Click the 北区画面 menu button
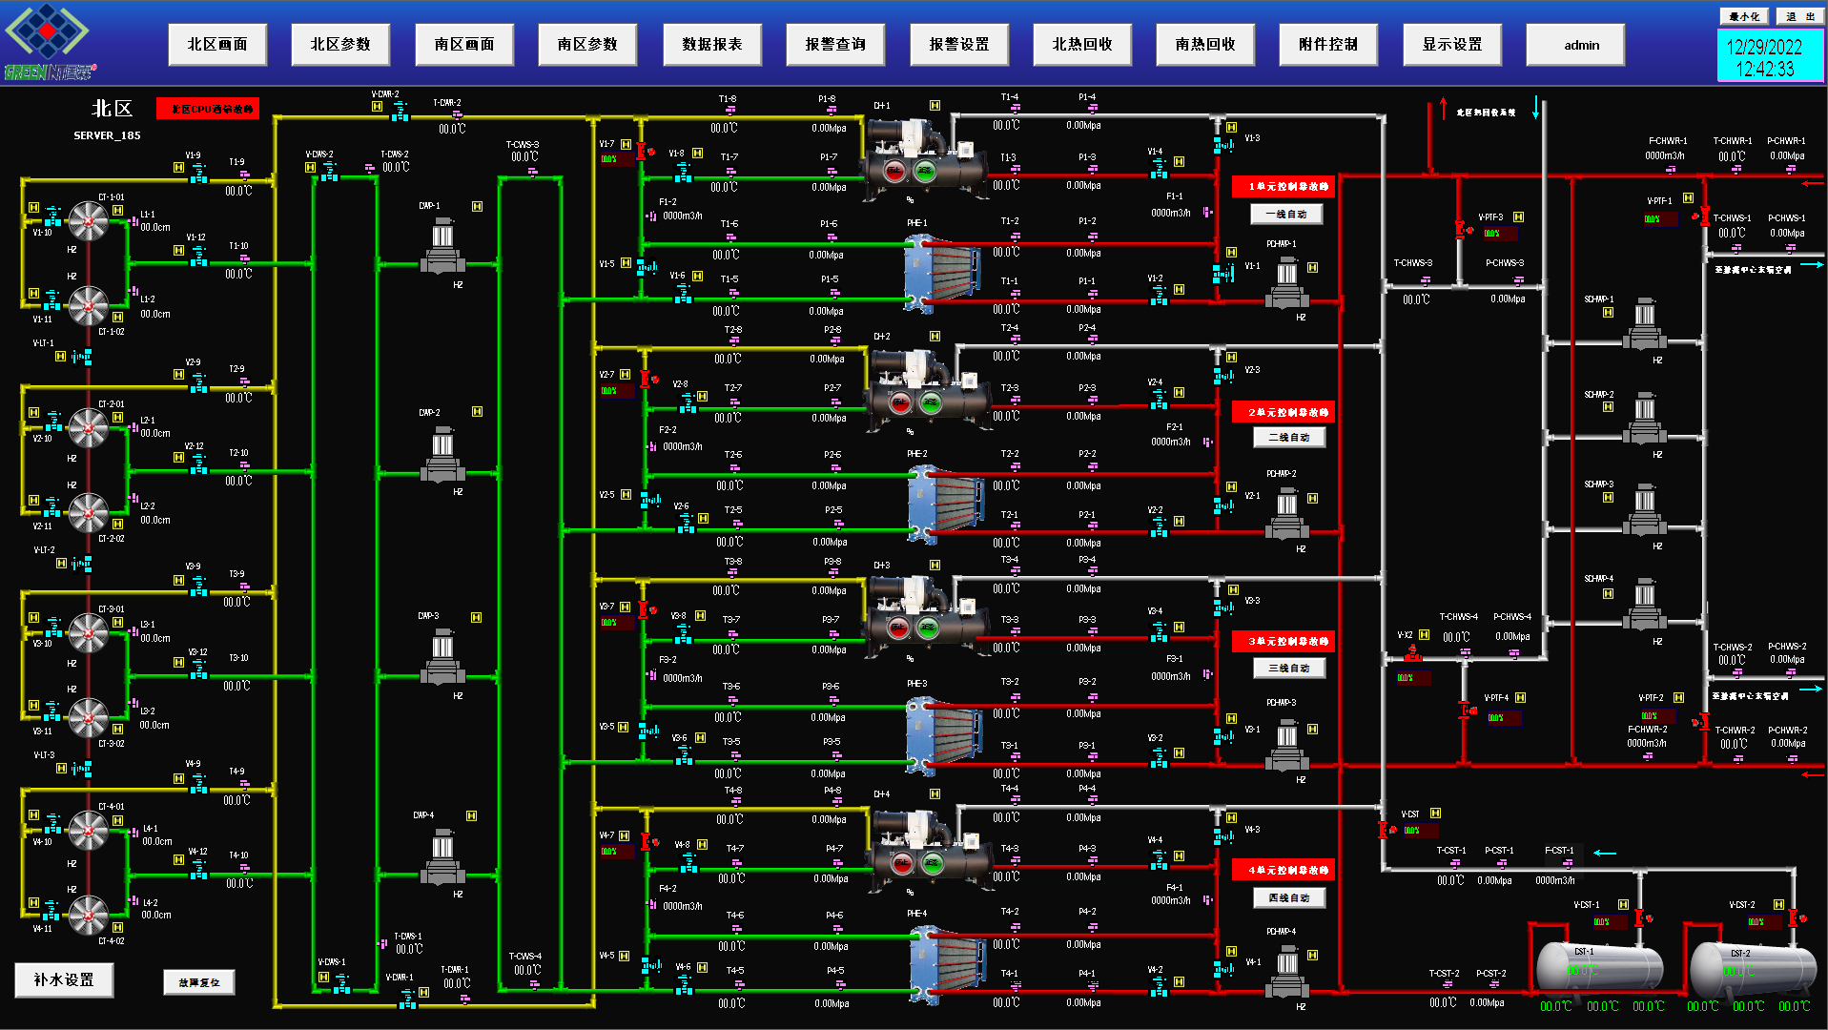(217, 45)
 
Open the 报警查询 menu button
(835, 45)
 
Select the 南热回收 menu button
(1205, 45)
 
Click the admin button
(1575, 45)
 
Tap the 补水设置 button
(64, 979)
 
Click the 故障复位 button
(199, 982)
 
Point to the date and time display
(1764, 57)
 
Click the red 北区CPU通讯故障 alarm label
(208, 109)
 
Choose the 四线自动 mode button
(1288, 898)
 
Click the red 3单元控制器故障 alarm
(1287, 641)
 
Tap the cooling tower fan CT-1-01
(89, 222)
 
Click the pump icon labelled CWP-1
(442, 246)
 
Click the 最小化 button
(1744, 16)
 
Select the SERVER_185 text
(107, 135)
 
